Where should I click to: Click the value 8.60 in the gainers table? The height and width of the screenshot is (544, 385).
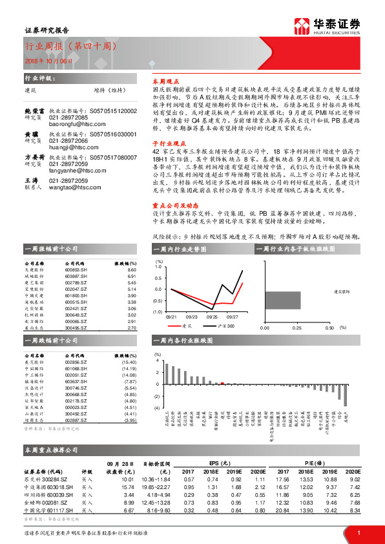(131, 271)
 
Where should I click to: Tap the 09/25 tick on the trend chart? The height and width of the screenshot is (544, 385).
(212, 317)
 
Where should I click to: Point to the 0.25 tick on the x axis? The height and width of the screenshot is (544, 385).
(297, 328)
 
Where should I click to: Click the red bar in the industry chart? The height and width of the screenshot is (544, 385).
(222, 384)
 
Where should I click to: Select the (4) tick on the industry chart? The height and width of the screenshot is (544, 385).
(157, 408)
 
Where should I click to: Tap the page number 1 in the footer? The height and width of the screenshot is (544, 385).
(359, 532)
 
